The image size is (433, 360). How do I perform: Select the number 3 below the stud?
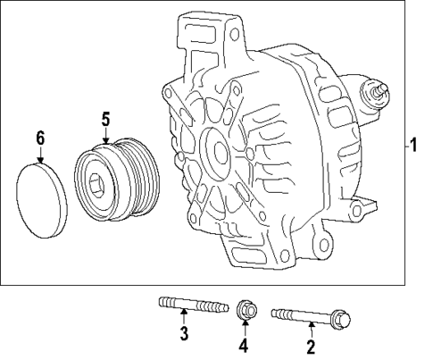[x=183, y=335]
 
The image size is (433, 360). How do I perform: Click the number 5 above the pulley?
[x=105, y=118]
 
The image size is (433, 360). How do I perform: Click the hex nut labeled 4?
[x=246, y=312]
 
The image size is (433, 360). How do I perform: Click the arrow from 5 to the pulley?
[x=105, y=135]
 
